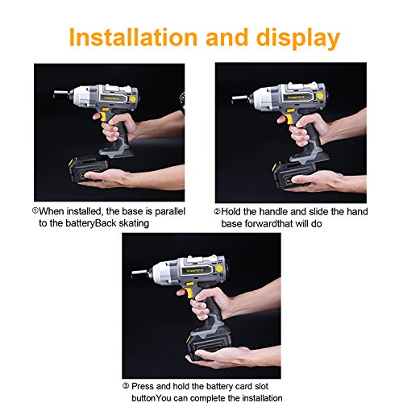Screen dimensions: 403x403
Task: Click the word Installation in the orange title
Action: (x=133, y=37)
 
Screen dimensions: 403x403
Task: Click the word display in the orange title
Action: (x=298, y=39)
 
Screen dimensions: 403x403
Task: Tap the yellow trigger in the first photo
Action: (x=102, y=117)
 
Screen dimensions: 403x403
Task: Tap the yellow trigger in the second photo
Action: (x=289, y=119)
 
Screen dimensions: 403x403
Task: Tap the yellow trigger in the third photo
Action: (x=189, y=293)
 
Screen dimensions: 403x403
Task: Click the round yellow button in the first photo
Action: (x=133, y=99)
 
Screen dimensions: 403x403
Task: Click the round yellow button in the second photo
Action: (x=320, y=96)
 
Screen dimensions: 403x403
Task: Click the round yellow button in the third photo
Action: (x=219, y=268)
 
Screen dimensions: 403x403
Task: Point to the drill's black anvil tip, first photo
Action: (x=60, y=93)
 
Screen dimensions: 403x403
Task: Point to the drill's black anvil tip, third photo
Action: (x=139, y=272)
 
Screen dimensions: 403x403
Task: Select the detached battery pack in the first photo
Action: (x=88, y=170)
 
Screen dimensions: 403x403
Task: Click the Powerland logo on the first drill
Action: (x=113, y=98)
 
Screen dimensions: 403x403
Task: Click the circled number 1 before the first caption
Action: (x=35, y=210)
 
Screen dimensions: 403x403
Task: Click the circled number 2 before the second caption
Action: (x=217, y=211)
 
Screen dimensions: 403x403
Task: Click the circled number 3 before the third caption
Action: (x=126, y=386)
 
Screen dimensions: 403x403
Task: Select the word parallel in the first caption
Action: (x=170, y=212)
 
